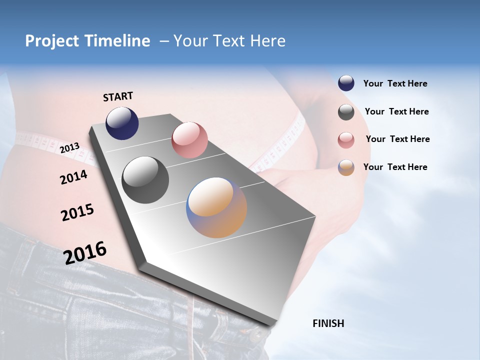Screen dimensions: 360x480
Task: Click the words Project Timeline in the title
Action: click(x=87, y=41)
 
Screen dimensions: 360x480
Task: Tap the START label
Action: click(x=118, y=96)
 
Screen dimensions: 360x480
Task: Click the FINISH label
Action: click(x=328, y=323)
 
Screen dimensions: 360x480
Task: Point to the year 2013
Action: click(x=69, y=148)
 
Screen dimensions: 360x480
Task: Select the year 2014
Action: click(x=73, y=177)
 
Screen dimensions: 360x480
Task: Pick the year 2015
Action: click(x=77, y=212)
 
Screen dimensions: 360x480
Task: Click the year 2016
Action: click(x=85, y=253)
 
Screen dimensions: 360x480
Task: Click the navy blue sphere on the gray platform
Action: click(x=122, y=123)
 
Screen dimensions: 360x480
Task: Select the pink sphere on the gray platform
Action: click(x=189, y=140)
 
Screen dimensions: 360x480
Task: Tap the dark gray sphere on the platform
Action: click(x=145, y=180)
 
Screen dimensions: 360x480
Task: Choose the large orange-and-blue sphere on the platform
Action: click(x=216, y=207)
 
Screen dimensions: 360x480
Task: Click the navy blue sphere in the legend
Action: click(x=346, y=83)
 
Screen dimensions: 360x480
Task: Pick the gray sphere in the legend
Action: click(x=346, y=112)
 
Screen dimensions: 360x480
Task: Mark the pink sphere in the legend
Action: click(x=346, y=140)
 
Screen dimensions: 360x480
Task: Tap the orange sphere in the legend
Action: click(x=346, y=167)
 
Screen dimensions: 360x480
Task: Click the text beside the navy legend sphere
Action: click(x=395, y=84)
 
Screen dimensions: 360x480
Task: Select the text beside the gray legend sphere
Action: click(x=396, y=111)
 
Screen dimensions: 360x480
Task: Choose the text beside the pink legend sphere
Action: click(x=397, y=139)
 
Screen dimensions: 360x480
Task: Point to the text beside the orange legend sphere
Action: click(x=395, y=167)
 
